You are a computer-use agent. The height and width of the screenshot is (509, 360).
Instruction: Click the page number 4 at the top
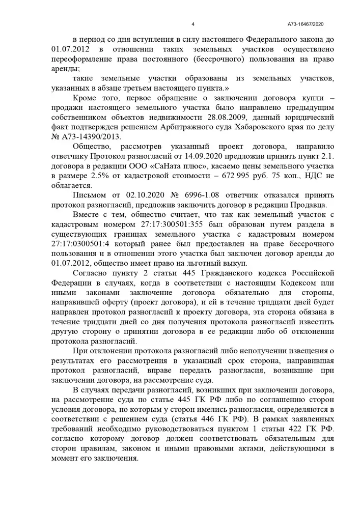[193, 24]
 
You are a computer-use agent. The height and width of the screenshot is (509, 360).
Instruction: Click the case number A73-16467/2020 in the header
[306, 24]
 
